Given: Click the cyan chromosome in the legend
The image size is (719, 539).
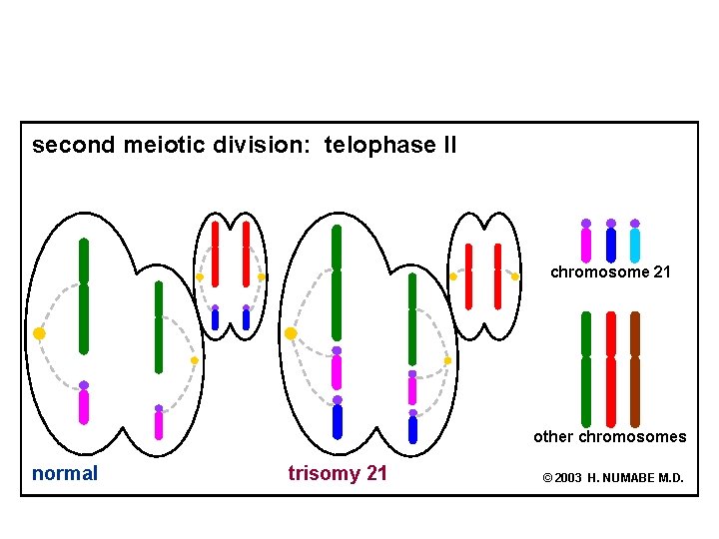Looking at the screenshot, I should (635, 245).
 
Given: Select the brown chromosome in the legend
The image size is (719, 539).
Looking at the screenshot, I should (635, 369).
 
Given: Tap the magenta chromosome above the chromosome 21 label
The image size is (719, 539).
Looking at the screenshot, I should (586, 245).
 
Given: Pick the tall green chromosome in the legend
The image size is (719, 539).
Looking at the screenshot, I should (586, 369).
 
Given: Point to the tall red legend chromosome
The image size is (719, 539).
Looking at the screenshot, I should (611, 369).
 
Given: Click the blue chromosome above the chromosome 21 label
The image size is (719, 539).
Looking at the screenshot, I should (611, 245).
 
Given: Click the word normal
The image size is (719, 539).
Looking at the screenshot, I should (65, 474).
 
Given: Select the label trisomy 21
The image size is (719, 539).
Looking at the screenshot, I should (338, 474).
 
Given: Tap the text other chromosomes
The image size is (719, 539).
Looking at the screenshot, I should (609, 436).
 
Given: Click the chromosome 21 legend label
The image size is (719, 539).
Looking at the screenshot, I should (610, 272).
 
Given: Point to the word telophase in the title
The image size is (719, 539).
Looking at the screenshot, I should (375, 146).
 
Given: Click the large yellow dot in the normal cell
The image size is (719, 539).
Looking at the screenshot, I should (39, 333).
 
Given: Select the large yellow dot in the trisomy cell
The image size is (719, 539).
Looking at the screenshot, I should (291, 333).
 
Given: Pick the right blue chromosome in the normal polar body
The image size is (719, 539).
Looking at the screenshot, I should (246, 318).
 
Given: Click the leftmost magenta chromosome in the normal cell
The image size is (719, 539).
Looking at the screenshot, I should (84, 405).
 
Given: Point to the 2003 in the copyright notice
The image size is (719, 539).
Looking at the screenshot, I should (568, 478).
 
